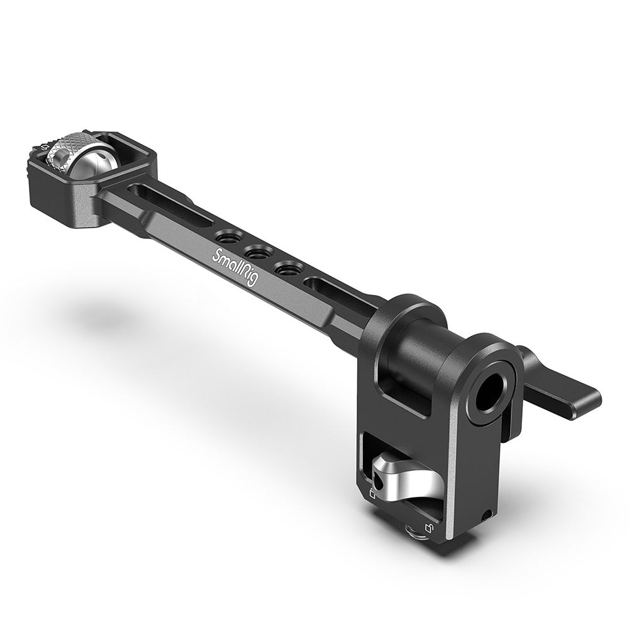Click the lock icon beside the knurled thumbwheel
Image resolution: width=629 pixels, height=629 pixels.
[x=42, y=148]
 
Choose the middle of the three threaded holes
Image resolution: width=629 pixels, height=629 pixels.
[x=256, y=253]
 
